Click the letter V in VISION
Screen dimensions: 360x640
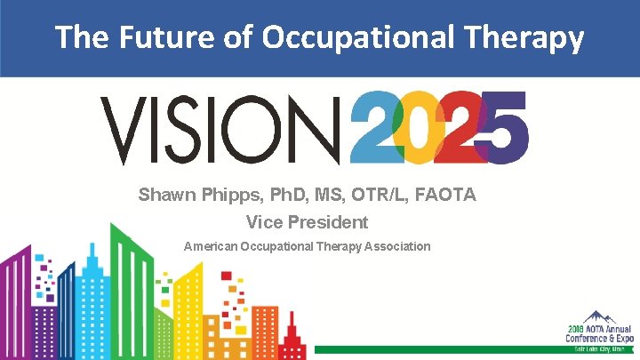point(124,131)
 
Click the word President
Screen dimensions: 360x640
point(333,221)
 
